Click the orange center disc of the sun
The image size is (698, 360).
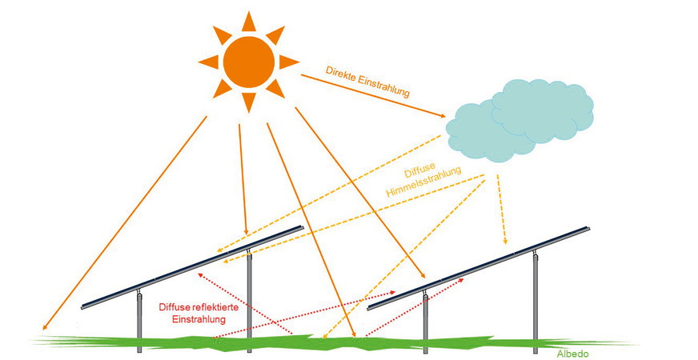(248, 62)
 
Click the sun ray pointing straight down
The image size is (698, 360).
(248, 102)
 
